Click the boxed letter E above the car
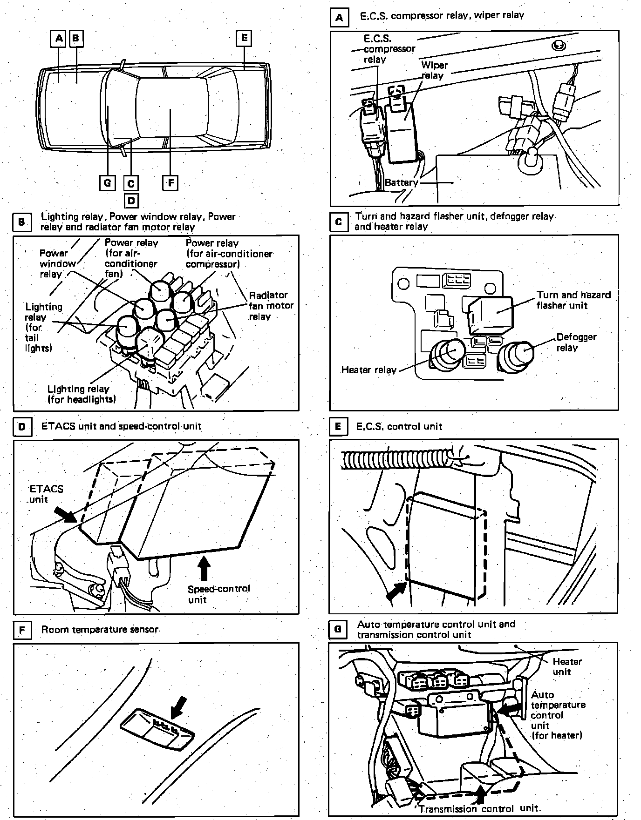244,38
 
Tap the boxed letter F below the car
170,182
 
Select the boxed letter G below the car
108,182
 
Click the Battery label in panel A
401,182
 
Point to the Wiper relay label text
434,70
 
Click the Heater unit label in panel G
567,666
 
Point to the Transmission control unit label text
478,809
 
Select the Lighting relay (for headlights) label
82,394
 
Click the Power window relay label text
57,263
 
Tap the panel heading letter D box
22,427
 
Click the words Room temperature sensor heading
100,630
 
